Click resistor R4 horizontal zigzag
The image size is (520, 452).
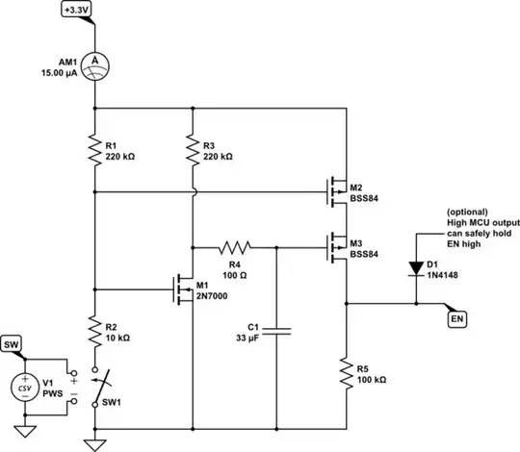click(234, 246)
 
